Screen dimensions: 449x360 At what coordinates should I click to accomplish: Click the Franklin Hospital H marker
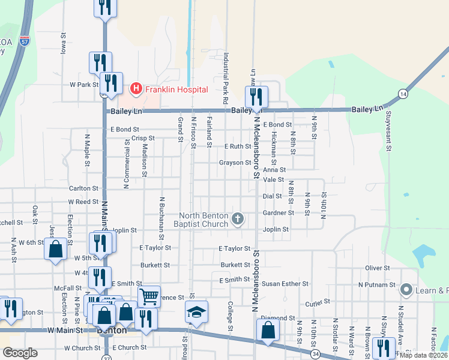click(136, 89)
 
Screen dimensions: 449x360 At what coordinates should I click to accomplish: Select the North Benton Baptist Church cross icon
click(238, 219)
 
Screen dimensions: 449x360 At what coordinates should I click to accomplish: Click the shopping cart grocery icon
click(149, 296)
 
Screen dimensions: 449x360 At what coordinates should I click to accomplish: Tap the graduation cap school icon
click(196, 312)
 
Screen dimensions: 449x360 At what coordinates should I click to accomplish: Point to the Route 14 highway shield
click(402, 95)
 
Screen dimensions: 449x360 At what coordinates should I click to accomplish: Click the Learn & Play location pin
click(406, 290)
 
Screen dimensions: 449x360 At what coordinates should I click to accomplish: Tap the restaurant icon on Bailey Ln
click(256, 97)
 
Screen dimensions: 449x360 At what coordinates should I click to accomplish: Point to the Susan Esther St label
click(285, 284)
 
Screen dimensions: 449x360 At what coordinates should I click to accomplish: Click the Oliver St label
click(378, 268)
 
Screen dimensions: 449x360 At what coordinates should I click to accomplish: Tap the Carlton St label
click(83, 188)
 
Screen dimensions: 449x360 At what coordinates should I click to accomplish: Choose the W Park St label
click(84, 85)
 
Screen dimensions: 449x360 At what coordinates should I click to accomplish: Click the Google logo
click(20, 353)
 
